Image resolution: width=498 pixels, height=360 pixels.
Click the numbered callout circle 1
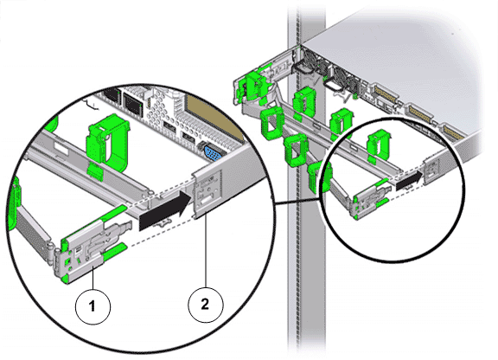93,306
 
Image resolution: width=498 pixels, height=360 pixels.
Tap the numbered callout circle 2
206,305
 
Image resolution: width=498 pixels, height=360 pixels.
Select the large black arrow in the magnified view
165,209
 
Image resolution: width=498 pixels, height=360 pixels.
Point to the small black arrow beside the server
410,181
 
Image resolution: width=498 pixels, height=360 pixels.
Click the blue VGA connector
213,152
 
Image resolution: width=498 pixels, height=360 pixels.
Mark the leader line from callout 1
93,278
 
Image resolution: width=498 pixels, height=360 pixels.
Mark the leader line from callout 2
206,248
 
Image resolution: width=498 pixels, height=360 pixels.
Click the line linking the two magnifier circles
297,201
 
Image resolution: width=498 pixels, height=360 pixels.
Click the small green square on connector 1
67,261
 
